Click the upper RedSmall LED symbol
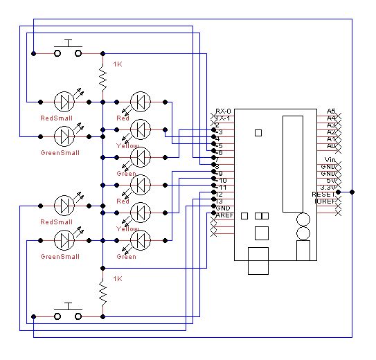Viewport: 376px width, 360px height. coord(65,102)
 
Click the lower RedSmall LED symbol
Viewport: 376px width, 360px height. coord(65,206)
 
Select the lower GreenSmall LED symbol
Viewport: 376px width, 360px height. coord(65,240)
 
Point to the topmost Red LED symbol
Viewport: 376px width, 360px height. coord(141,102)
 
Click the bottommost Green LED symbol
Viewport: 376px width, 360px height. coord(141,240)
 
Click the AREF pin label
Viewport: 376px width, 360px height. coord(224,215)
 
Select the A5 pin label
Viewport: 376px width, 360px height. coord(331,111)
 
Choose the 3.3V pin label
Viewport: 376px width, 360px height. coord(328,188)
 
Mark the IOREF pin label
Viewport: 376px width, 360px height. coord(325,201)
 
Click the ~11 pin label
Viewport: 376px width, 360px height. coord(222,188)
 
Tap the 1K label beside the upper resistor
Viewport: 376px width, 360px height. coord(118,64)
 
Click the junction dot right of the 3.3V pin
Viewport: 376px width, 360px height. coord(352,192)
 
